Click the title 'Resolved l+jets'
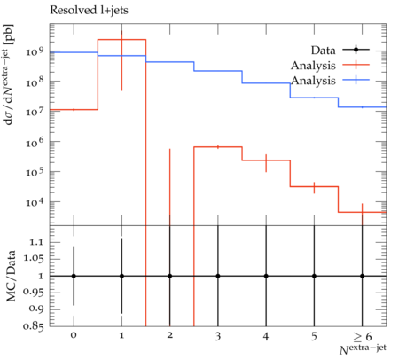click(x=89, y=11)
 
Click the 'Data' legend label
click(x=323, y=51)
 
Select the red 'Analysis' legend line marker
click(x=356, y=65)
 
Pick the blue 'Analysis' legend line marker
click(x=356, y=80)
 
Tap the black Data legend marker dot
click(x=356, y=50)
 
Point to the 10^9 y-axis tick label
click(x=35, y=51)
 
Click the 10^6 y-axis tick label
click(x=35, y=142)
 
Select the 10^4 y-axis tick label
click(x=35, y=202)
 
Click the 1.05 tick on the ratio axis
click(x=34, y=259)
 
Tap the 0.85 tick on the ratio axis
click(x=34, y=326)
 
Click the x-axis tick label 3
click(x=218, y=336)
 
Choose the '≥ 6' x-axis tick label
click(x=362, y=336)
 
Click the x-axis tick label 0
click(x=74, y=335)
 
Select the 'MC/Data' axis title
click(x=11, y=276)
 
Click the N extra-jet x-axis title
click(x=363, y=349)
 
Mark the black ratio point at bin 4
click(x=266, y=276)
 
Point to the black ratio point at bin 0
click(x=74, y=276)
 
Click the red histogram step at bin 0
click(x=74, y=110)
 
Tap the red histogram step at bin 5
click(x=314, y=186)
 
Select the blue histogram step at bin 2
click(x=170, y=62)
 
